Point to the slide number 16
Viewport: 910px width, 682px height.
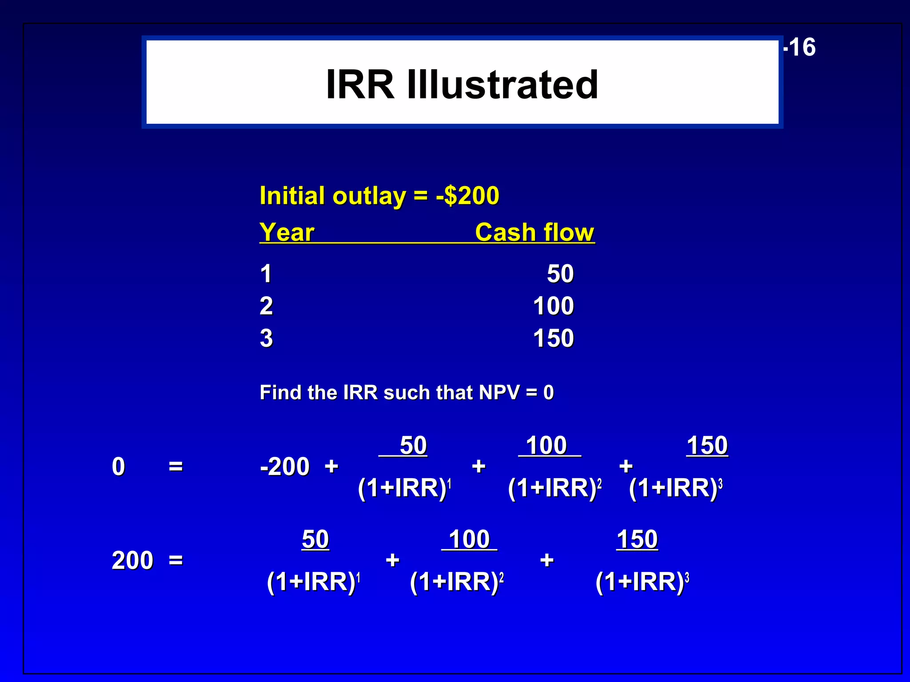tap(802, 47)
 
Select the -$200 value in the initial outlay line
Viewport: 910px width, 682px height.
tap(467, 196)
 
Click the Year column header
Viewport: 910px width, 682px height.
tap(287, 232)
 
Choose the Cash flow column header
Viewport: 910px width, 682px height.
tap(534, 232)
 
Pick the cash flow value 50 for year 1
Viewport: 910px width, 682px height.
tap(560, 274)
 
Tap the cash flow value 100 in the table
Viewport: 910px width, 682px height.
tap(553, 306)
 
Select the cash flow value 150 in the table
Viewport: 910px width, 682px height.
tap(553, 338)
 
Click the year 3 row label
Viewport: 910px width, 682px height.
tap(266, 338)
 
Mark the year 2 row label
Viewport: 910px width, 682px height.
tap(266, 306)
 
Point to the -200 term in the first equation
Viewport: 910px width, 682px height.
tap(285, 467)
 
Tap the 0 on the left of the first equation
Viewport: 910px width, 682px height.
tap(118, 467)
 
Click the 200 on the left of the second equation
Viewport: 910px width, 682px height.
tap(132, 560)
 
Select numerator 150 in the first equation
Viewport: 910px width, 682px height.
tap(707, 445)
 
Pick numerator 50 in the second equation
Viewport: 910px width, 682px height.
tap(315, 539)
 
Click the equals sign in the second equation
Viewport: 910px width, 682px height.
tap(176, 560)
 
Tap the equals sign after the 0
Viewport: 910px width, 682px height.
tap(176, 467)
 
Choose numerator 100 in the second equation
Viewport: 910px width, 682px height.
tap(469, 539)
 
